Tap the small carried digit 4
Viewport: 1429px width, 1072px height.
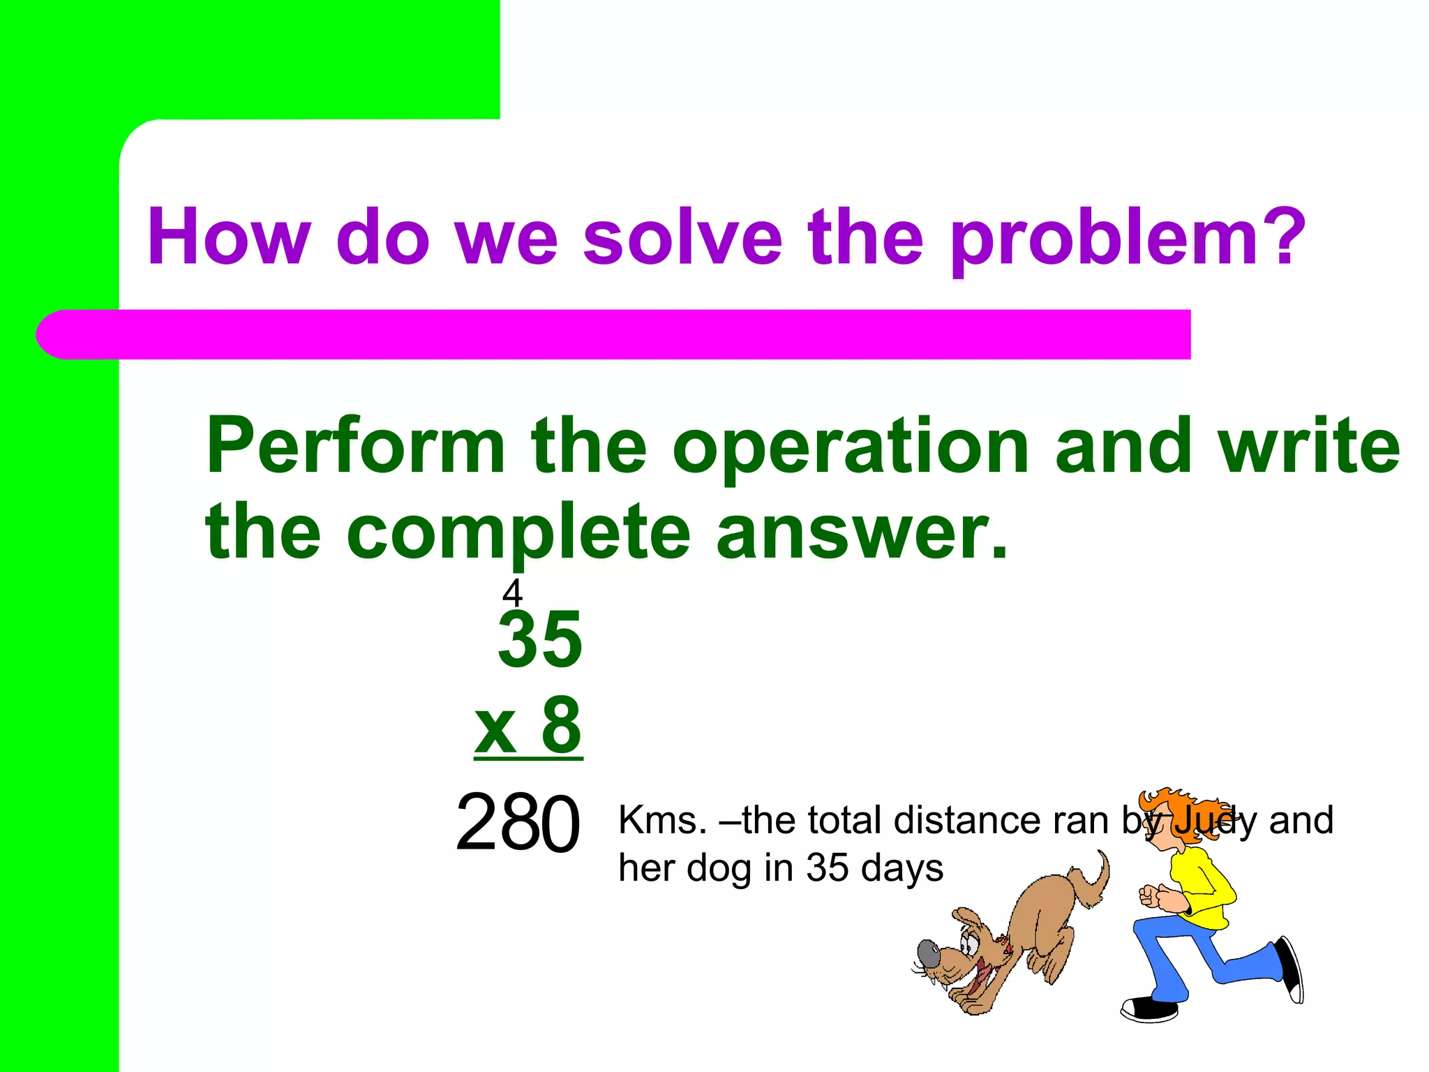click(x=512, y=593)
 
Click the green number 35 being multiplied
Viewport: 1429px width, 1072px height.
click(x=540, y=639)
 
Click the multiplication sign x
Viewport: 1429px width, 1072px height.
click(x=495, y=729)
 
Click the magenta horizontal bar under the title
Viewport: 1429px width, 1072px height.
click(x=628, y=334)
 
